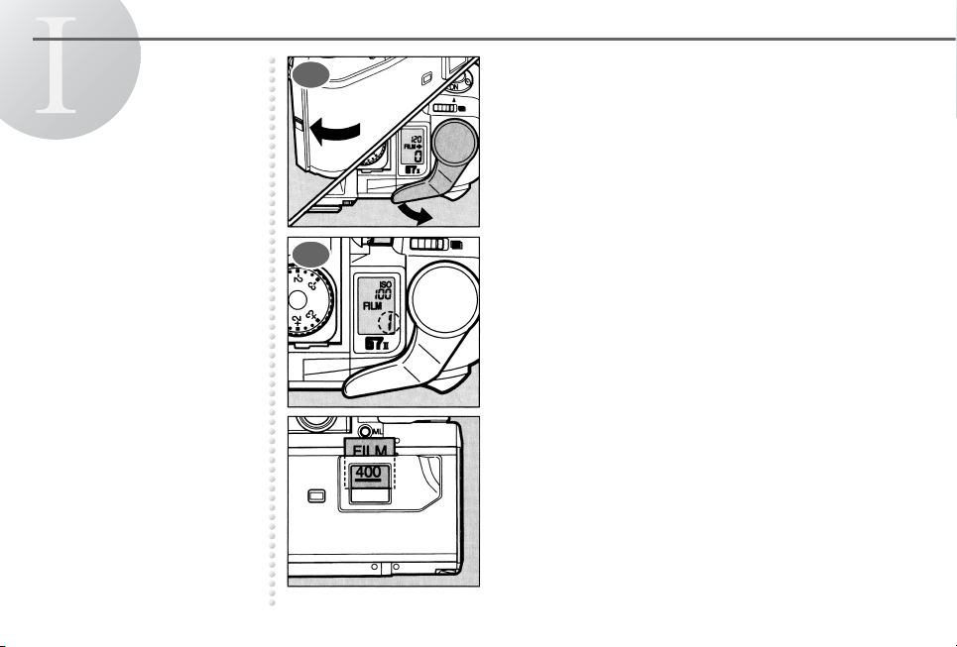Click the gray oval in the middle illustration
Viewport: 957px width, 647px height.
tap(309, 253)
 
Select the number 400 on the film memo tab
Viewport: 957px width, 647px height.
tap(368, 475)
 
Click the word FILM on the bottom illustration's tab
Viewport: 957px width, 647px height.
tap(368, 452)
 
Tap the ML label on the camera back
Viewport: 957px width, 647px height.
tap(372, 431)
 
